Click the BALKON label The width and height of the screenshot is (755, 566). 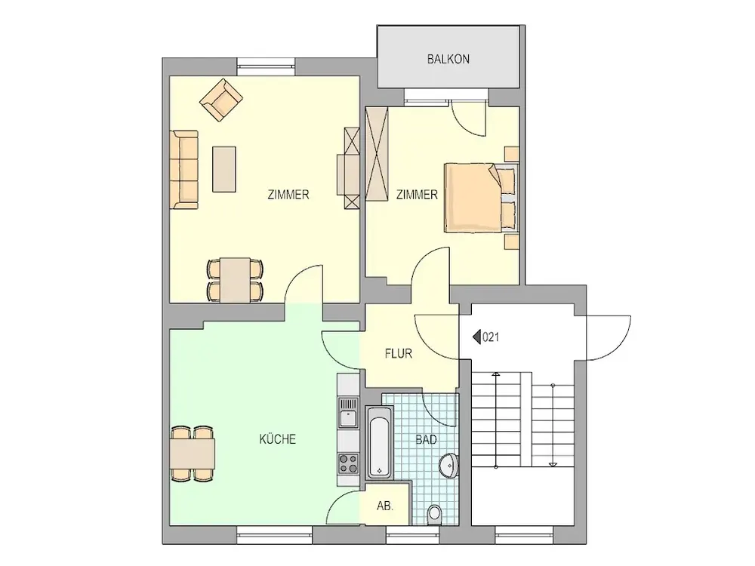click(448, 59)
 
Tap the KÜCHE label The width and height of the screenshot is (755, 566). click(277, 439)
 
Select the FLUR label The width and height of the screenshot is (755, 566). click(398, 354)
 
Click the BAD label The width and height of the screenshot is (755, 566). click(426, 439)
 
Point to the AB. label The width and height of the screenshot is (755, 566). click(385, 506)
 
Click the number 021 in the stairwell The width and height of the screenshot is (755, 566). click(491, 337)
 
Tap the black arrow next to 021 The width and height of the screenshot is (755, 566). click(476, 337)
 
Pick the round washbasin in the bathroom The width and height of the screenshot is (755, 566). click(449, 466)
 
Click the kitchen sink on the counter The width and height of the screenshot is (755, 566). click(348, 413)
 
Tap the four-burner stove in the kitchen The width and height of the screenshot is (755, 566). click(348, 463)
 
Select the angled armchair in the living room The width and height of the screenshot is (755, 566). click(221, 100)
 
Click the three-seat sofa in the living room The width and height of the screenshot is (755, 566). click(184, 170)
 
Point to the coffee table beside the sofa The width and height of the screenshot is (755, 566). click(224, 169)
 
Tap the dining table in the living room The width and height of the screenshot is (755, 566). click(236, 280)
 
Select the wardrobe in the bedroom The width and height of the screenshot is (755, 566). click(377, 153)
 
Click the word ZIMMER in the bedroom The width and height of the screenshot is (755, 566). click(417, 195)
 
